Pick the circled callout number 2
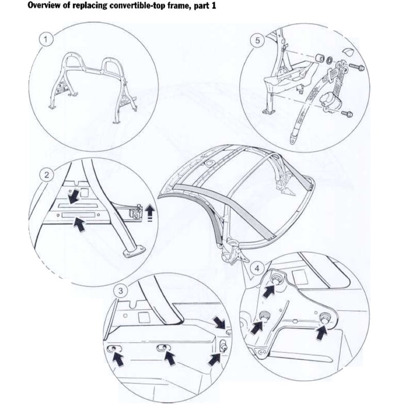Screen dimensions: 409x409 [x=46, y=175]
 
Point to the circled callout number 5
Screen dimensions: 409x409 [x=256, y=41]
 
